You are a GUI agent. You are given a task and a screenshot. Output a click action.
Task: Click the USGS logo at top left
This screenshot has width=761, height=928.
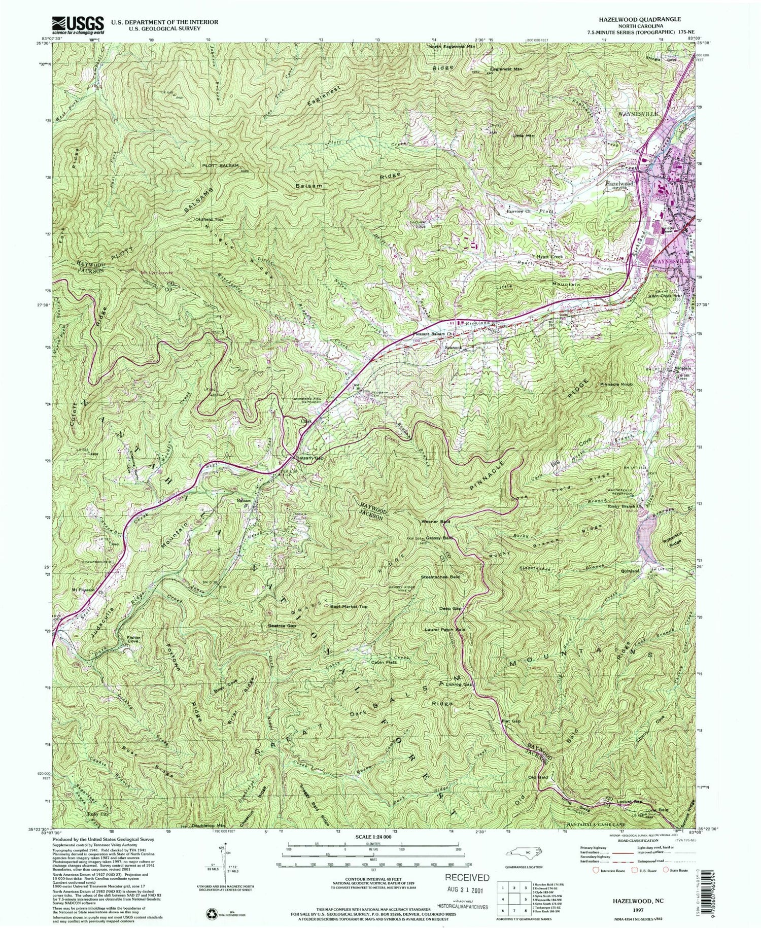coord(78,24)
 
